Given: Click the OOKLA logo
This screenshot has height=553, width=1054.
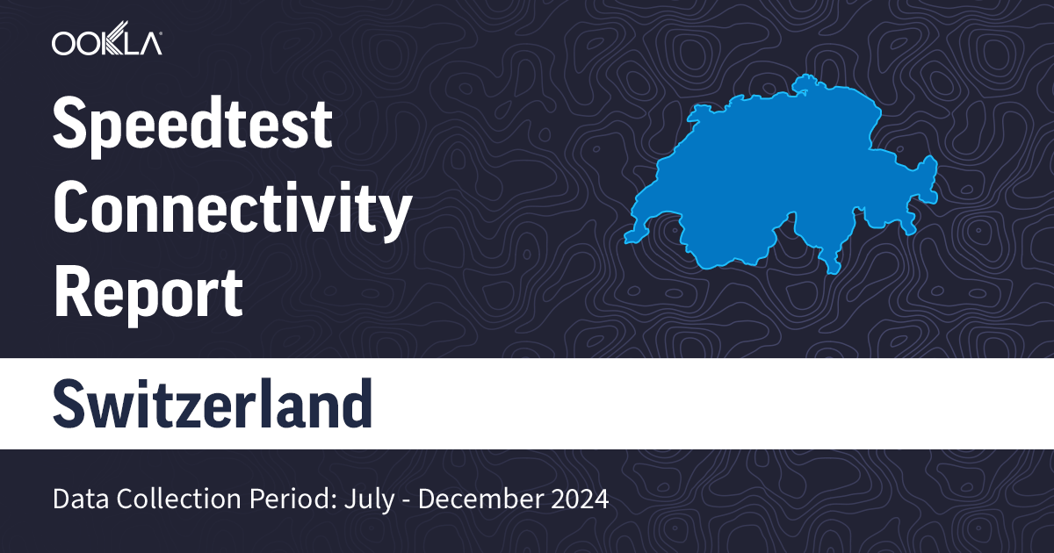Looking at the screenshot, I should (x=105, y=43).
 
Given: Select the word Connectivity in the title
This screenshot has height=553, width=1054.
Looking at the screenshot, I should (x=233, y=211).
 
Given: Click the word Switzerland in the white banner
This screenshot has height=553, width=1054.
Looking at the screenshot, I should (x=212, y=403).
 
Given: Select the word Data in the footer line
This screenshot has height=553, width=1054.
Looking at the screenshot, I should (x=79, y=500).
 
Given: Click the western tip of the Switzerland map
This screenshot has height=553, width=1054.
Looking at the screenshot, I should (x=627, y=237).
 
